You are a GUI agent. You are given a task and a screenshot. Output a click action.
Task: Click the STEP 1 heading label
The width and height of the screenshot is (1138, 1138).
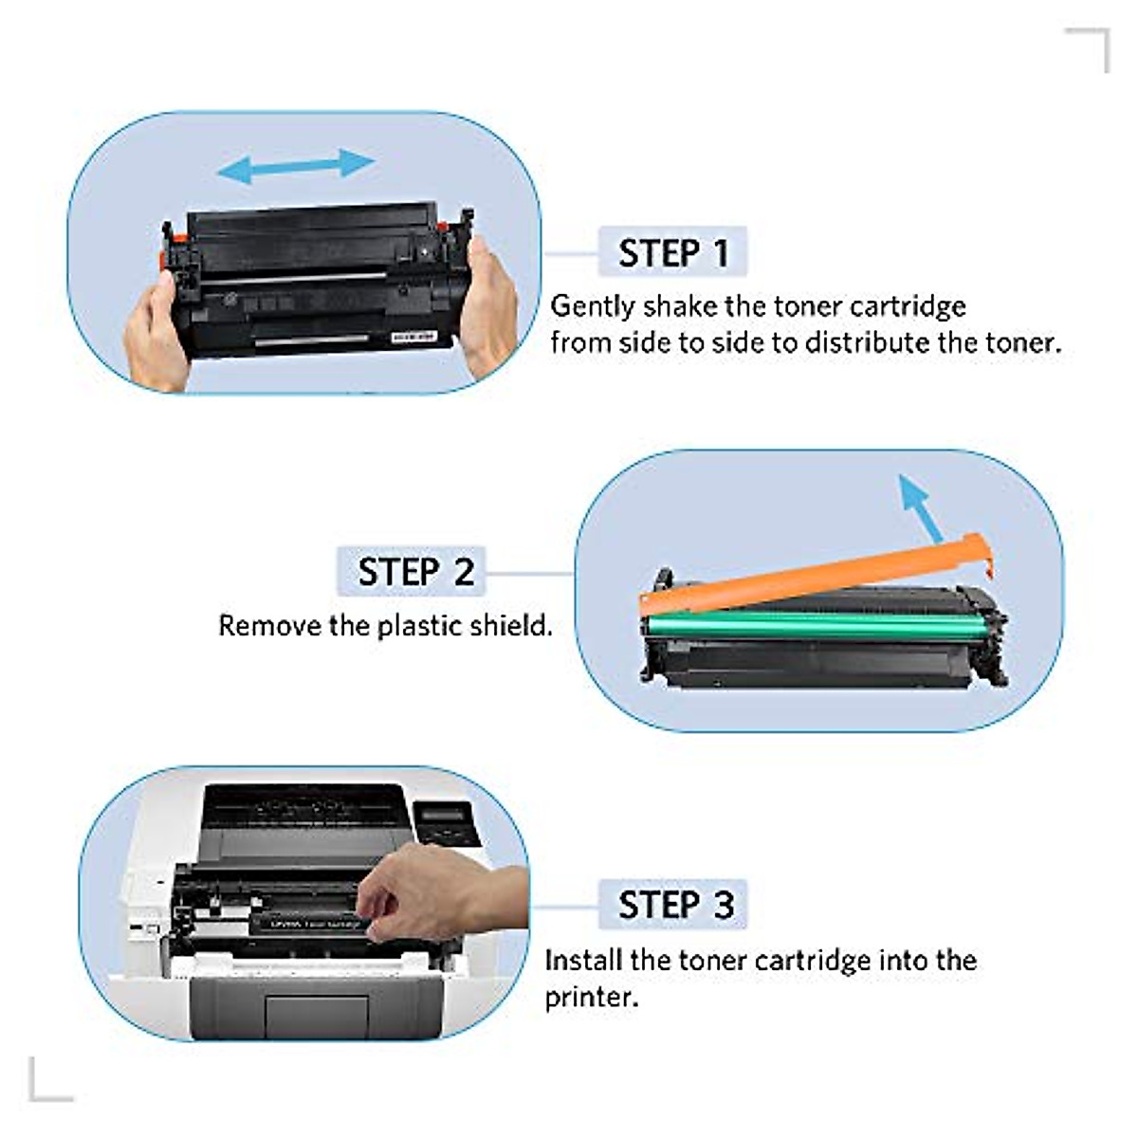(673, 253)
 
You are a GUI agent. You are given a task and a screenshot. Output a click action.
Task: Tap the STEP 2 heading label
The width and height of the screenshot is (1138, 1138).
(413, 572)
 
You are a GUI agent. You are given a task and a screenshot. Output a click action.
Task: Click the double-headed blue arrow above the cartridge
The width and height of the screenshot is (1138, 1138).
(296, 167)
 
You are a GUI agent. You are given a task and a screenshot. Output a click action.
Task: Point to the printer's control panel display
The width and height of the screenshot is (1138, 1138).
(444, 815)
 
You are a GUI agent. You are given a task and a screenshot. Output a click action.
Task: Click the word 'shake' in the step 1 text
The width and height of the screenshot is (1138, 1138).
(679, 306)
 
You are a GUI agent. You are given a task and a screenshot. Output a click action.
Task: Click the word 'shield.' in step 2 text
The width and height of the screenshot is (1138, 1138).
(512, 626)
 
